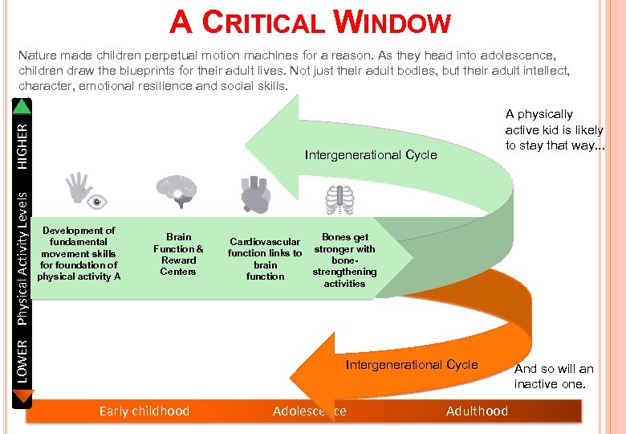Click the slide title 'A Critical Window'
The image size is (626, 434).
(x=311, y=22)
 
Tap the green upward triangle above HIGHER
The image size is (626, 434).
(x=22, y=105)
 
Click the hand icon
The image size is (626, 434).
(x=79, y=186)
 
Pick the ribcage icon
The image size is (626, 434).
(x=340, y=199)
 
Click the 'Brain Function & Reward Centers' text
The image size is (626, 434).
(x=178, y=254)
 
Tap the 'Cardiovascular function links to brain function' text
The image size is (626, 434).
(x=265, y=259)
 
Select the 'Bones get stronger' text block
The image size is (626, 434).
(x=344, y=260)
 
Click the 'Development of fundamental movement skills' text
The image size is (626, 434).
(x=79, y=253)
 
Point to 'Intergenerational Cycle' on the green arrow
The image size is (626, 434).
(x=371, y=154)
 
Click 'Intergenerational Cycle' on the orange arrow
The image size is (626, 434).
(x=411, y=365)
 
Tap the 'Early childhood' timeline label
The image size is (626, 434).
(x=144, y=411)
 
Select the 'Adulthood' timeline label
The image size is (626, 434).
(x=477, y=411)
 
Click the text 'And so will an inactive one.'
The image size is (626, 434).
(x=554, y=376)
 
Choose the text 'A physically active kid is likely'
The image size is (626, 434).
(x=554, y=129)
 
